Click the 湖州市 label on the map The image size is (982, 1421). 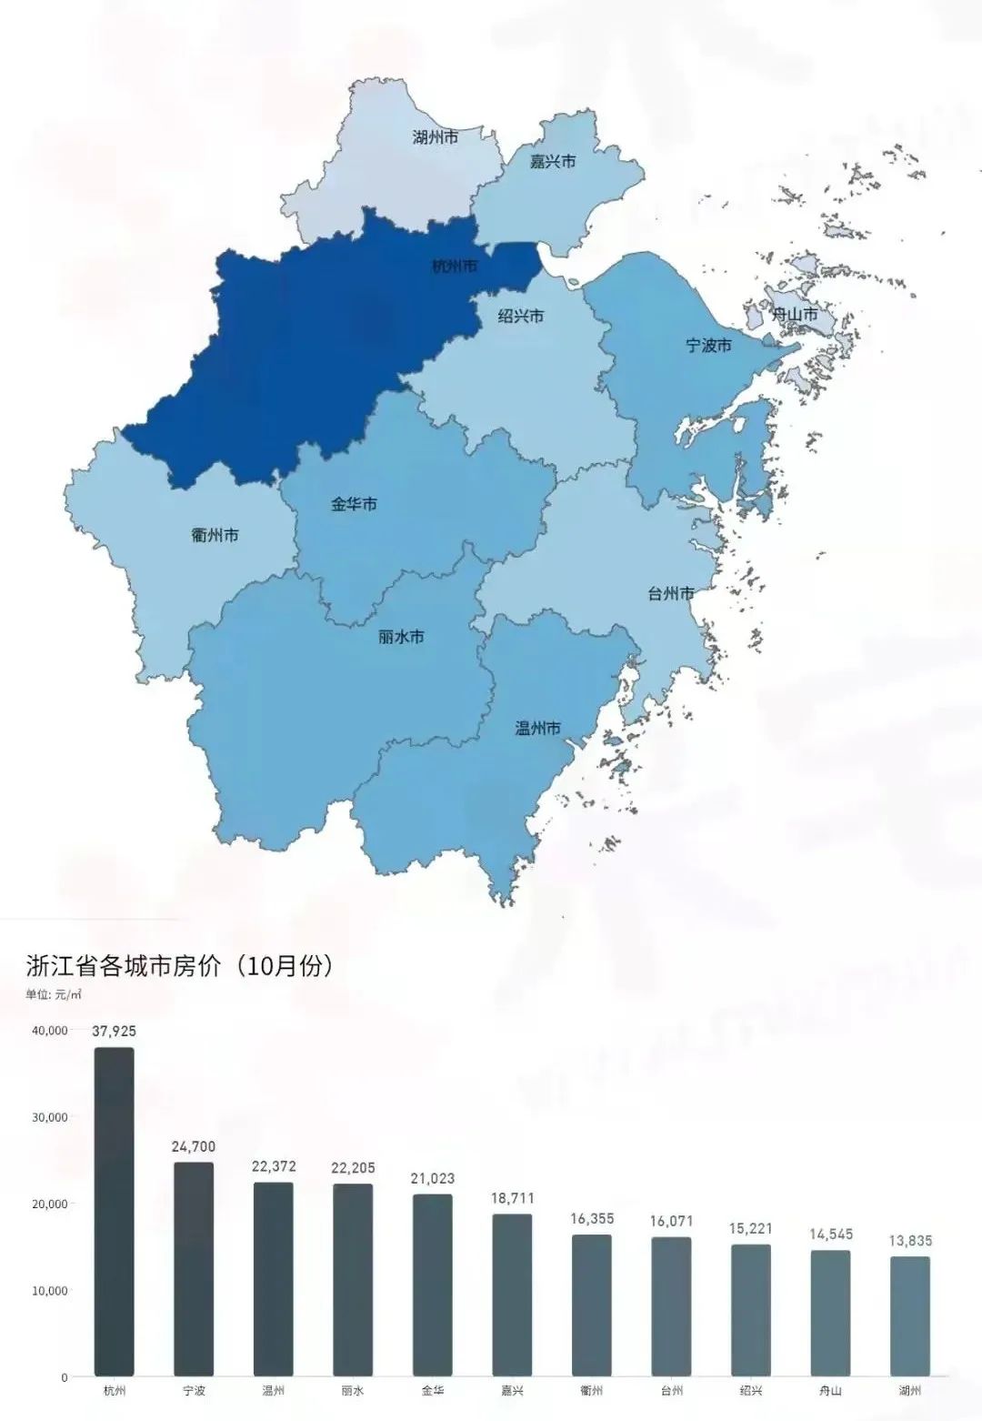click(x=435, y=138)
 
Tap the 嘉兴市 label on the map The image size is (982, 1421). click(x=553, y=161)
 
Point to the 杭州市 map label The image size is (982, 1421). click(x=454, y=267)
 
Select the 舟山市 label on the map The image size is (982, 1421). click(x=795, y=316)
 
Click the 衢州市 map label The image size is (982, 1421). click(x=215, y=535)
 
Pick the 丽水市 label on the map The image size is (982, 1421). click(x=401, y=637)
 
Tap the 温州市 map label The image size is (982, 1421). click(x=537, y=728)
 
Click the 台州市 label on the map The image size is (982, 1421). click(x=671, y=594)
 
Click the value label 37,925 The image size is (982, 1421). click(x=115, y=1032)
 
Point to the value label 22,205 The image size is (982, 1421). click(x=354, y=1168)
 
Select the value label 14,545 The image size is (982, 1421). click(x=831, y=1235)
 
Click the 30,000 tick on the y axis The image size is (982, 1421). click(x=50, y=1117)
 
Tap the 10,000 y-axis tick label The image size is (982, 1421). click(x=50, y=1291)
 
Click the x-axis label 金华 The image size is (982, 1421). click(x=433, y=1391)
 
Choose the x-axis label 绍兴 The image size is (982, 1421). click(x=751, y=1391)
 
